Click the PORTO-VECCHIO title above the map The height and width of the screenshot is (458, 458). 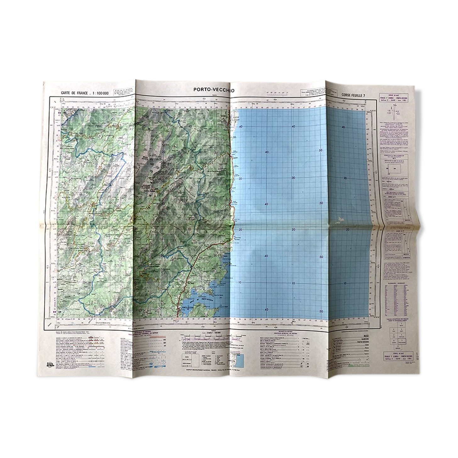[214, 90]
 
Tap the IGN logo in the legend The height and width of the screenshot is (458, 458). [50, 365]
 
